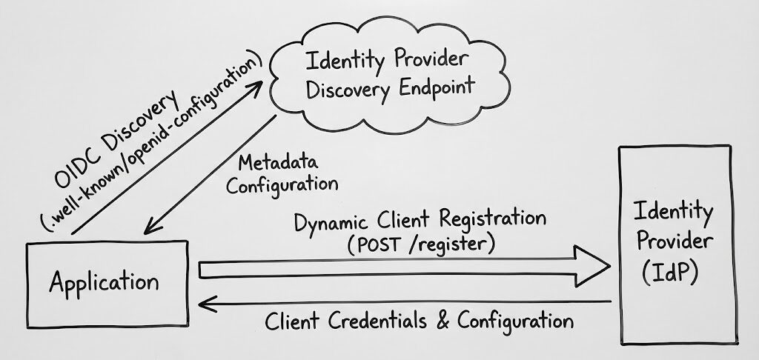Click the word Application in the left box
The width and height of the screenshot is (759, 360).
(105, 282)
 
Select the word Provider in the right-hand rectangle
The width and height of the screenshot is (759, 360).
(675, 242)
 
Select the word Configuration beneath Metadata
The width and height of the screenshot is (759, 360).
(282, 184)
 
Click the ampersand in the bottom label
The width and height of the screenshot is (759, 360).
(444, 321)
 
